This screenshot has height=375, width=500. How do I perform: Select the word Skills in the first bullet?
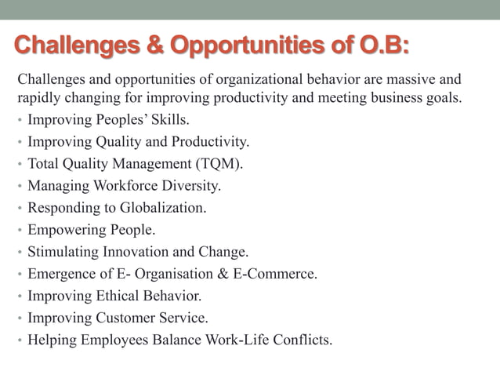coord(167,121)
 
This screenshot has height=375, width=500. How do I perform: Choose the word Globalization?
coord(163,209)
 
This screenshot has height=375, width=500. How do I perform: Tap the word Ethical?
coord(117,297)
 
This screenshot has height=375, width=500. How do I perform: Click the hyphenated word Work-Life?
coord(234,340)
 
